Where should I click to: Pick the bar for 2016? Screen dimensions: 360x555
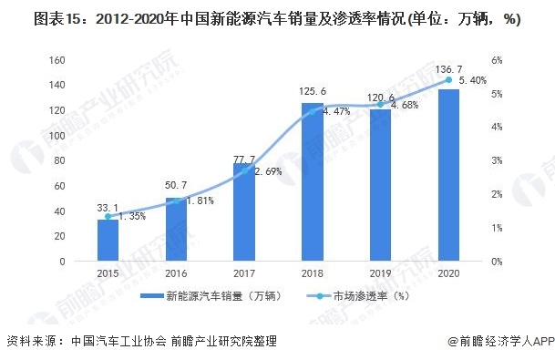point(176,230)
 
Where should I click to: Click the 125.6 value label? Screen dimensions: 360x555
point(313,94)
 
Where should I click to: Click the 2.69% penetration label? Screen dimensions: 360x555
point(268,171)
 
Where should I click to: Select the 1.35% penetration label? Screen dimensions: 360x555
point(132,217)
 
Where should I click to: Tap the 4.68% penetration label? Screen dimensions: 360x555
point(404,105)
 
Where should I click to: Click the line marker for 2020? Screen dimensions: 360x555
point(448,80)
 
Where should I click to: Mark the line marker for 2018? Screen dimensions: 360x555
point(313,111)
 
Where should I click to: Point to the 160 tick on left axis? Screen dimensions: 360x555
point(58,60)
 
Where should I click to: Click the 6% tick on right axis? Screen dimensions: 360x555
point(496,60)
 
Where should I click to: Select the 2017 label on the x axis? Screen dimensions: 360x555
point(244,274)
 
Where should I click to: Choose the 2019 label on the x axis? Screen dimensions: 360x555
point(380,274)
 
